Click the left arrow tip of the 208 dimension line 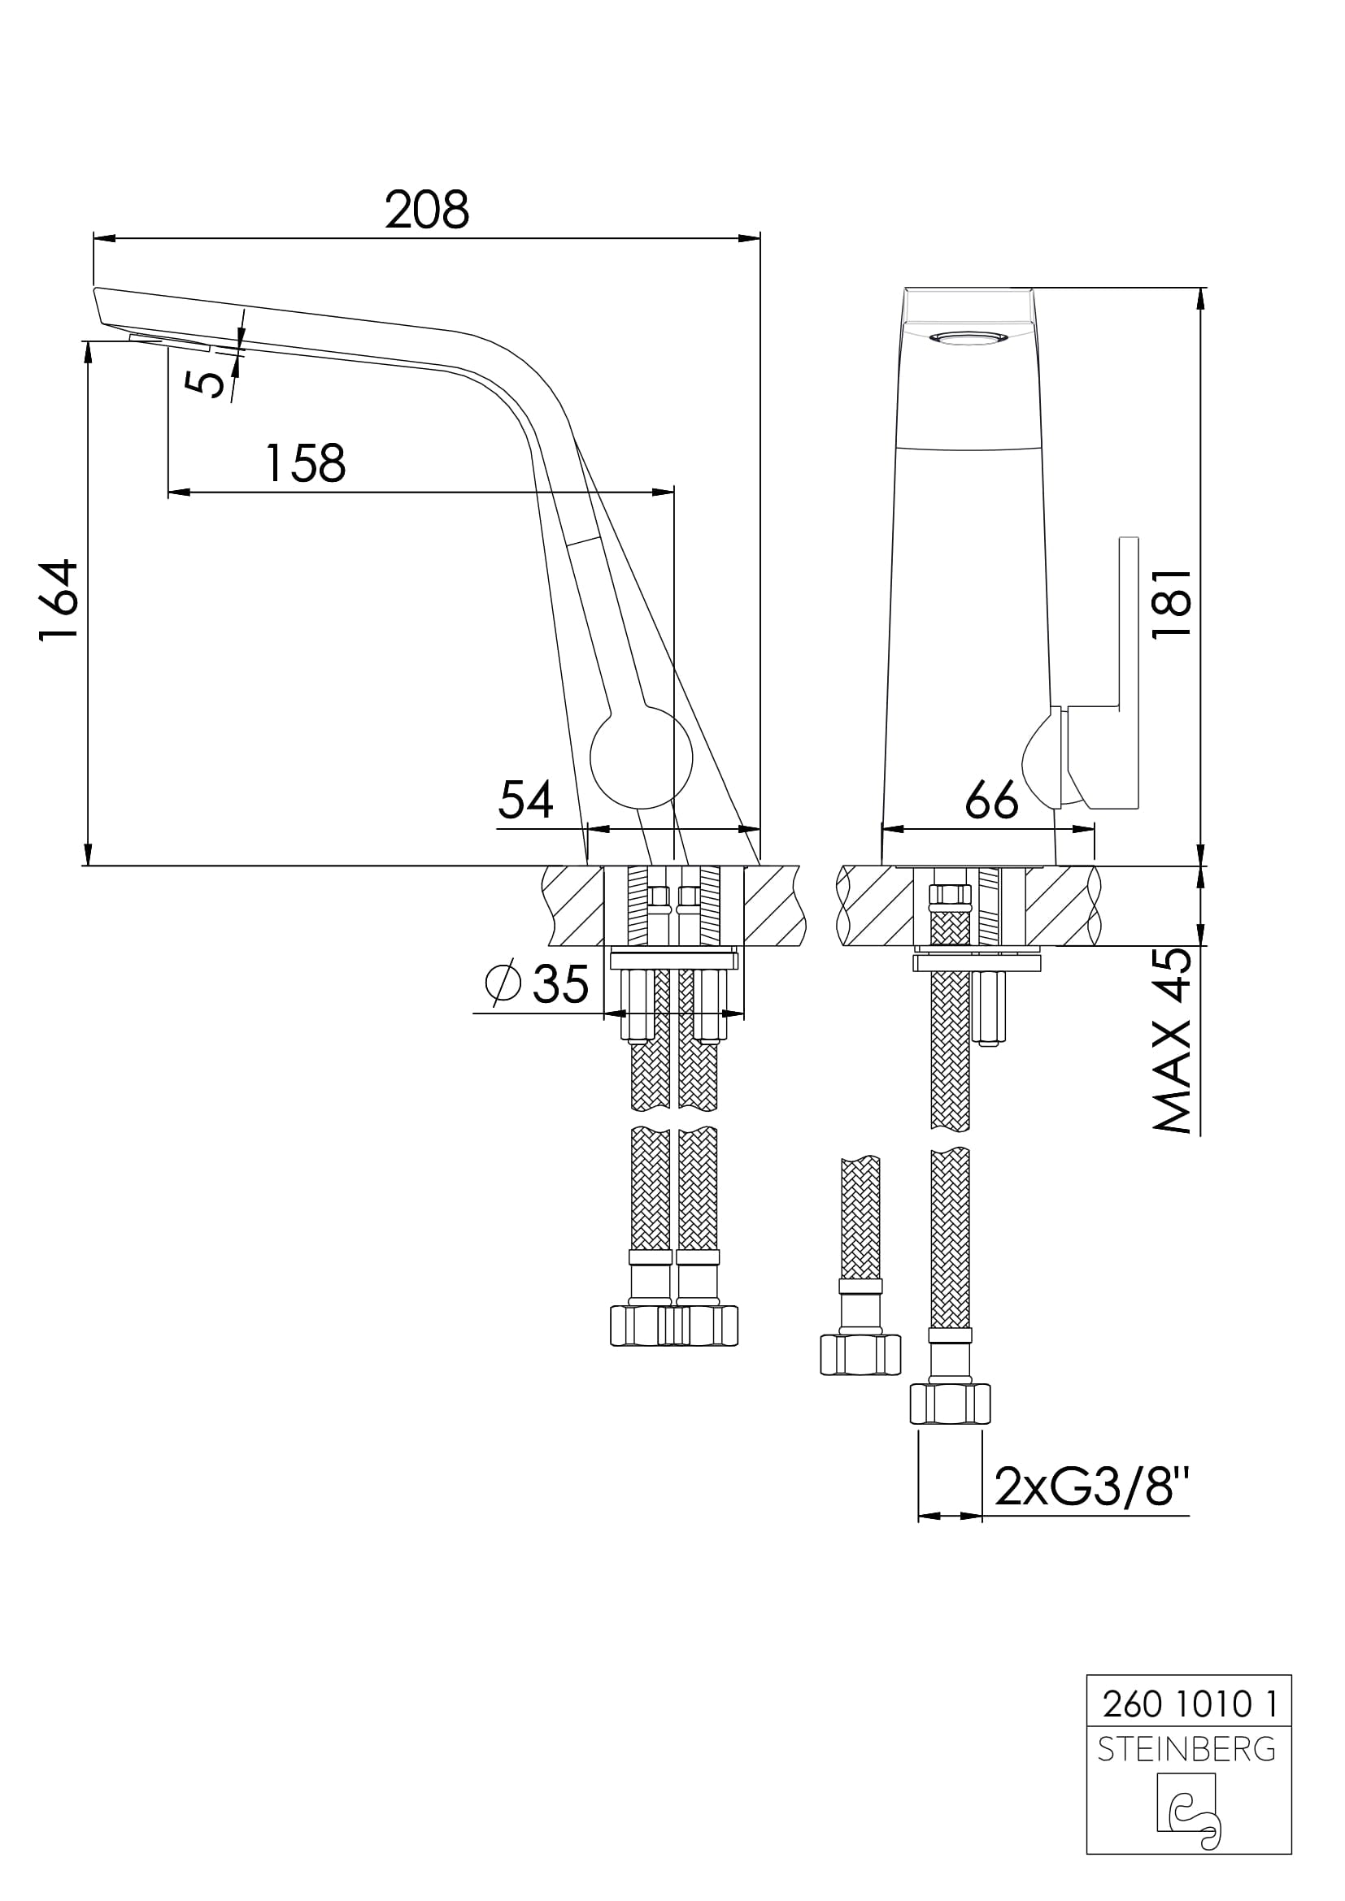point(94,238)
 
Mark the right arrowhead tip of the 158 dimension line point(674,493)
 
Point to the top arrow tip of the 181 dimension point(1202,289)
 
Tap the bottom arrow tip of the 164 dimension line point(89,866)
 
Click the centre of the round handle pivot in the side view point(641,757)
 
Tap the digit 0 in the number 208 point(428,210)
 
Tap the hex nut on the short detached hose point(860,1356)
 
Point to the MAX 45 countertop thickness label point(1172,1040)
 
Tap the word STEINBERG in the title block point(1186,1749)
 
